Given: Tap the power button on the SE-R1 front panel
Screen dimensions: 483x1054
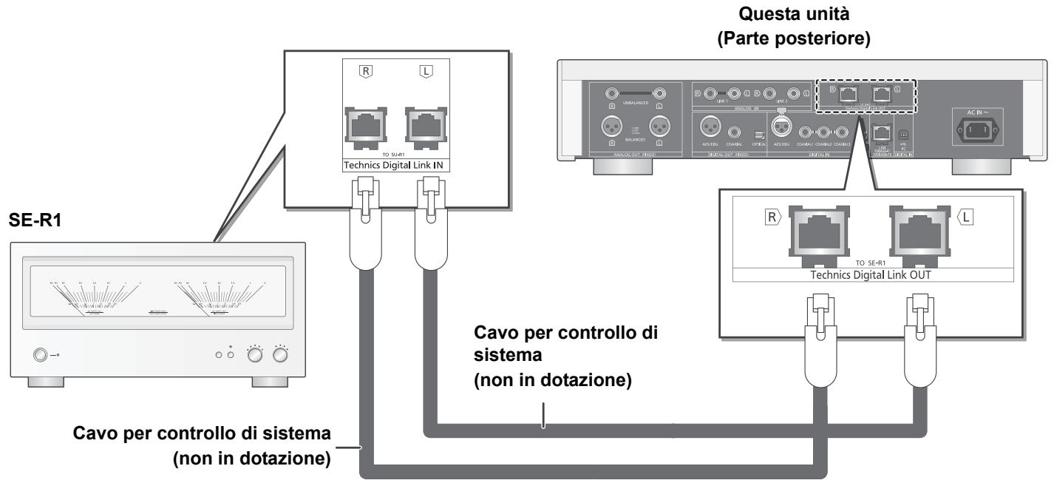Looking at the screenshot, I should (x=37, y=355).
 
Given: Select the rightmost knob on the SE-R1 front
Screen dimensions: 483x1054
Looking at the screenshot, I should (x=280, y=355).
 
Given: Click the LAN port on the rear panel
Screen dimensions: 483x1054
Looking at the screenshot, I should (x=880, y=132).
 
